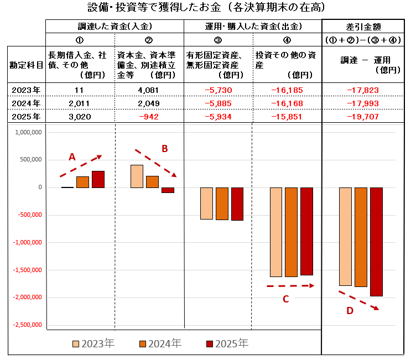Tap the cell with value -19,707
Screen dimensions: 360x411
pos(363,117)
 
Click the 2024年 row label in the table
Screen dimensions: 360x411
pos(26,103)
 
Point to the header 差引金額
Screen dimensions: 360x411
pos(363,26)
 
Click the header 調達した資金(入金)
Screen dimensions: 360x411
pos(115,26)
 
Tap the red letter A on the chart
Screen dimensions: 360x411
pos(72,157)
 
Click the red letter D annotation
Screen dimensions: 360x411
pos(350,311)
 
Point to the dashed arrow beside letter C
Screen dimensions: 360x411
pos(290,286)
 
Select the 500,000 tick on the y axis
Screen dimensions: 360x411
pos(28,160)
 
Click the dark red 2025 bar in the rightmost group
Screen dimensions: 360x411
pos(376,242)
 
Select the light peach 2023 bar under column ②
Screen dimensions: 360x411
pos(137,176)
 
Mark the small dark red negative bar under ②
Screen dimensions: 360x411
pos(168,190)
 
